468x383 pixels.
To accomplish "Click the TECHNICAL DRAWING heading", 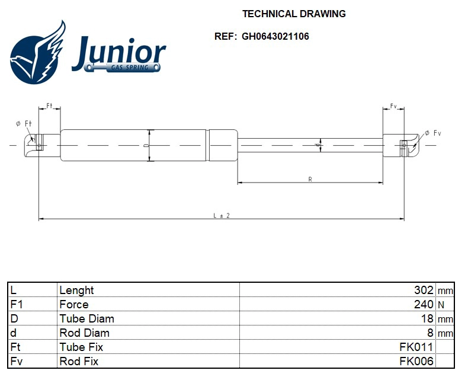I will pos(294,14).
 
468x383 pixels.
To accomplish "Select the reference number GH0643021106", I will pos(275,36).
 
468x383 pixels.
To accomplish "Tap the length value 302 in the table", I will pos(424,290).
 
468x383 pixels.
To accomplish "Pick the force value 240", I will pos(424,304).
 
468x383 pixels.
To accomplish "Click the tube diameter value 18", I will pos(427,318).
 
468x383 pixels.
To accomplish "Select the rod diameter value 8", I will pos(430,333).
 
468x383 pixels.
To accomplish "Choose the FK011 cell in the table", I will pos(416,347).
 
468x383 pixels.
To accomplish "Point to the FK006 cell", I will pos(416,361).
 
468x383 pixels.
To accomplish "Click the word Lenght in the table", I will pos(76,290).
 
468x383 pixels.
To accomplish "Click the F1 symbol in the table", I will pos(16,304).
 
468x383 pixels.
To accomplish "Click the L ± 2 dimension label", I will pos(221,216).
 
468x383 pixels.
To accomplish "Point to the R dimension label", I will pos(310,179).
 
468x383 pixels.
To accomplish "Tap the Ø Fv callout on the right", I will pos(433,133).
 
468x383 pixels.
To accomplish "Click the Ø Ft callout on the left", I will pos(24,123).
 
